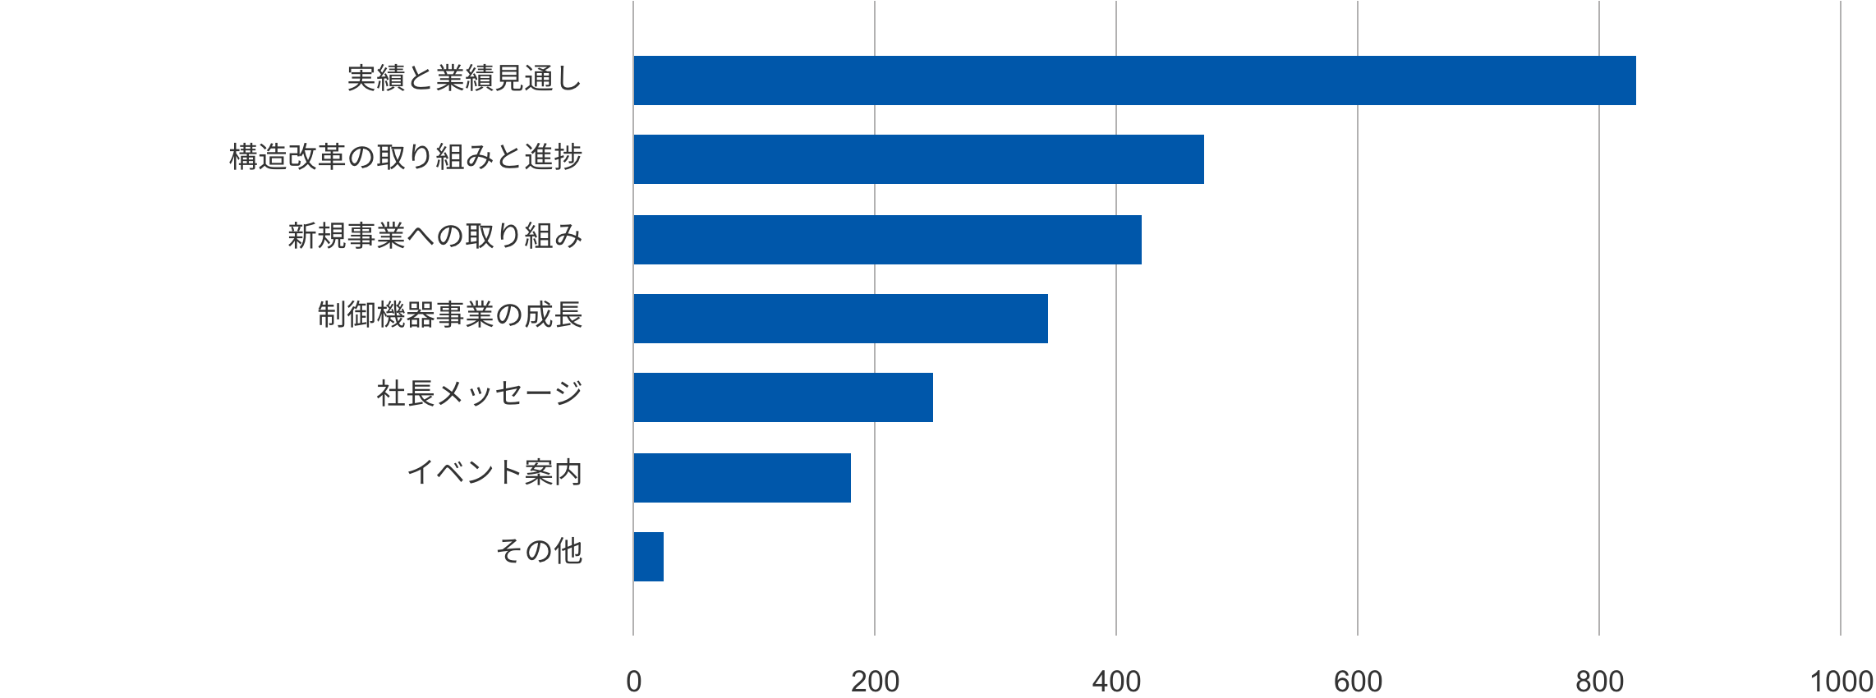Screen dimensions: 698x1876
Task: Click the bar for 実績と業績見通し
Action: (x=1134, y=80)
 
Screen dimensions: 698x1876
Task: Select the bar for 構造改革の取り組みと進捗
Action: (x=918, y=159)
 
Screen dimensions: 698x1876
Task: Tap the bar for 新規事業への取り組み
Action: (x=887, y=240)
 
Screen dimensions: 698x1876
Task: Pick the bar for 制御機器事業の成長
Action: (x=840, y=319)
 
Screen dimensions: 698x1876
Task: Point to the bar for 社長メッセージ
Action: (x=783, y=397)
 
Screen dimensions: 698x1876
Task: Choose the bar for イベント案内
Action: (x=742, y=477)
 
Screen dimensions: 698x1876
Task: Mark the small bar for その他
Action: (x=648, y=557)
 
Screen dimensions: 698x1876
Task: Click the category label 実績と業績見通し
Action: (x=464, y=80)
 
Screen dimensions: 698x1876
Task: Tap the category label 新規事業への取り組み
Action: (x=435, y=237)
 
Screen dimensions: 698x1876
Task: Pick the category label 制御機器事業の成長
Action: (x=450, y=316)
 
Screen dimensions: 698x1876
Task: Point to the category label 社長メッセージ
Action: (x=480, y=395)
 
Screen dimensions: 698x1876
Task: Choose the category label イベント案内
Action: (x=494, y=474)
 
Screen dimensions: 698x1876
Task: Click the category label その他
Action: (x=539, y=553)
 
